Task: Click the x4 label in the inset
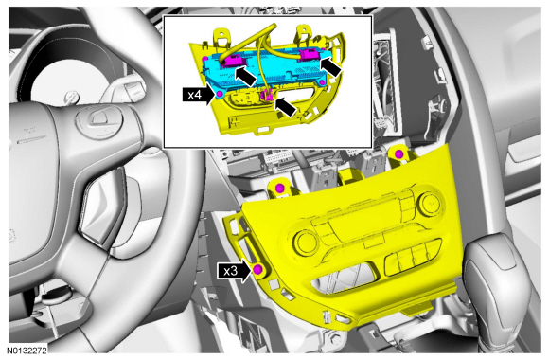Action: coord(195,95)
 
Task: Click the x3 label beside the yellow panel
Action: coord(230,271)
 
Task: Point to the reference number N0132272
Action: coord(27,351)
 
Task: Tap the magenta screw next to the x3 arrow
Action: coord(257,269)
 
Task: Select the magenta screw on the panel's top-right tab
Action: coord(398,153)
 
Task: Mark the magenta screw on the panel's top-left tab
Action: coord(279,189)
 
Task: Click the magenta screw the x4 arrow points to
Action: coord(220,94)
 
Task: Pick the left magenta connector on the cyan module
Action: coord(231,60)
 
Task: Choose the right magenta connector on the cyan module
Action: coord(310,54)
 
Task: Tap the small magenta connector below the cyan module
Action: coord(268,95)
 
